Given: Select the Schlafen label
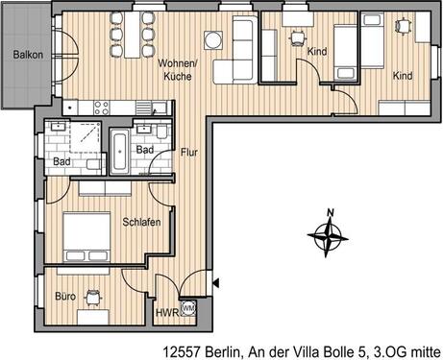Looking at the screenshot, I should (140, 222).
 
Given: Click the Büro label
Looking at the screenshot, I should (65, 297).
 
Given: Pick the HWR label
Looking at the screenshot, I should (165, 313).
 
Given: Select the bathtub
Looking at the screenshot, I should (120, 153).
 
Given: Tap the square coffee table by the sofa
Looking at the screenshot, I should (212, 39).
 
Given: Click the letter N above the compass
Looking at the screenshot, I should (330, 213).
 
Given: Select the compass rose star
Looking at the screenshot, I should (330, 232).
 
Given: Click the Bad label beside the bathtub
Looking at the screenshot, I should (145, 152).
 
